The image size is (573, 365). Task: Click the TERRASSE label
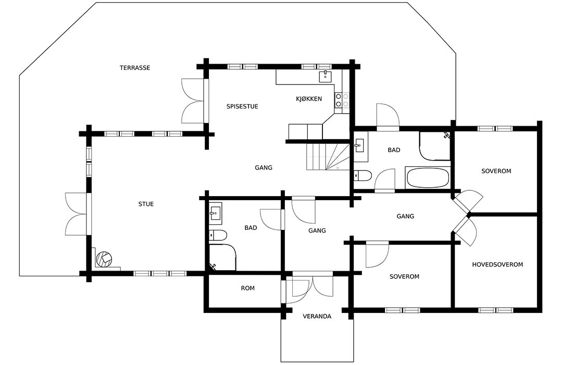click(135, 68)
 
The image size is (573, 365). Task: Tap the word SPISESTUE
click(242, 106)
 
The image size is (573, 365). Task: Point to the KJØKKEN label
click(309, 99)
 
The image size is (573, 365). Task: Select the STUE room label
click(146, 204)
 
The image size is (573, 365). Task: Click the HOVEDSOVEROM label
click(497, 264)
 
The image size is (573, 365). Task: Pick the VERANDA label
click(317, 317)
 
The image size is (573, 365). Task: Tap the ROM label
click(247, 288)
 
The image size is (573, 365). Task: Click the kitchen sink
click(325, 77)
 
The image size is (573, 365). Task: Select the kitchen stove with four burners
click(342, 100)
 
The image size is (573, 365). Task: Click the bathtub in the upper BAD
click(427, 178)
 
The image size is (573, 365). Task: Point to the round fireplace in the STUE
click(105, 259)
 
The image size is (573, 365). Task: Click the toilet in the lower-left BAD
click(218, 235)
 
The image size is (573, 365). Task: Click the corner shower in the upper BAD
click(434, 145)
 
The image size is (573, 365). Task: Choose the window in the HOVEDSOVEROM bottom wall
click(495, 310)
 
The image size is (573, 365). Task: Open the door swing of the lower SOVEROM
click(378, 254)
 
